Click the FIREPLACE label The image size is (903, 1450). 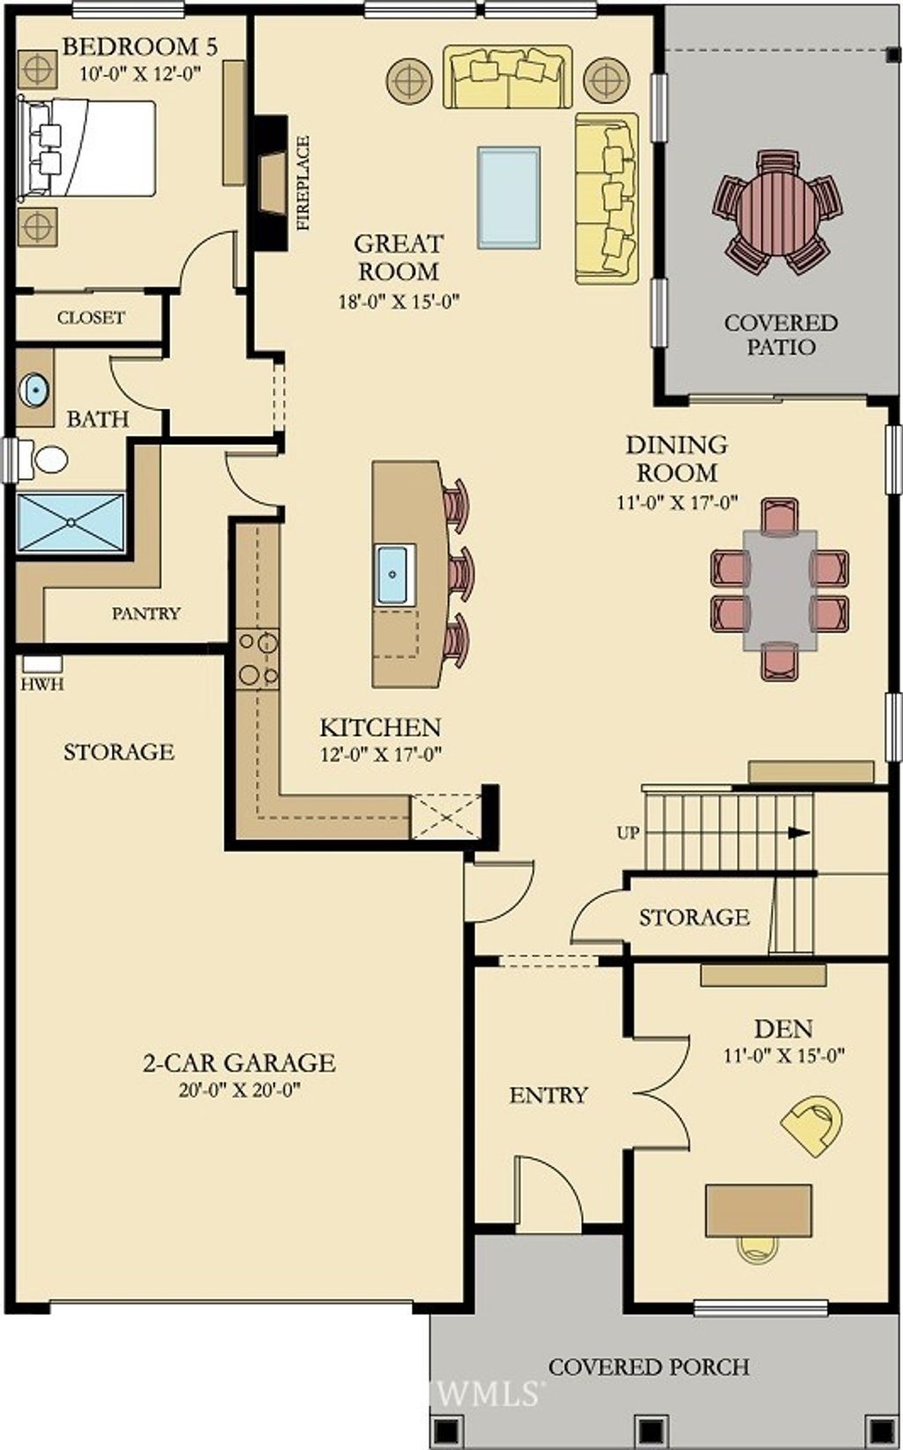(x=302, y=183)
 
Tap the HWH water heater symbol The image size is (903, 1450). (x=42, y=665)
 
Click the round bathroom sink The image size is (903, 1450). (x=34, y=390)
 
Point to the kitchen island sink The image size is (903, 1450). (x=393, y=575)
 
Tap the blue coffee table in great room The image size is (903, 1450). (x=509, y=198)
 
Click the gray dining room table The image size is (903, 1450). (x=780, y=590)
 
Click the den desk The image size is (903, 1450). (x=758, y=1211)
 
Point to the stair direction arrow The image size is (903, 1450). (x=800, y=832)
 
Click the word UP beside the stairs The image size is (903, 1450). (x=628, y=833)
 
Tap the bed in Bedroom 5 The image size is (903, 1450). (x=88, y=147)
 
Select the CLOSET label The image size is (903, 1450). (x=91, y=318)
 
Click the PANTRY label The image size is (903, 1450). (x=146, y=613)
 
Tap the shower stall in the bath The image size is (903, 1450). (x=71, y=522)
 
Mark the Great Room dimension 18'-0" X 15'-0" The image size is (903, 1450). (x=399, y=303)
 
